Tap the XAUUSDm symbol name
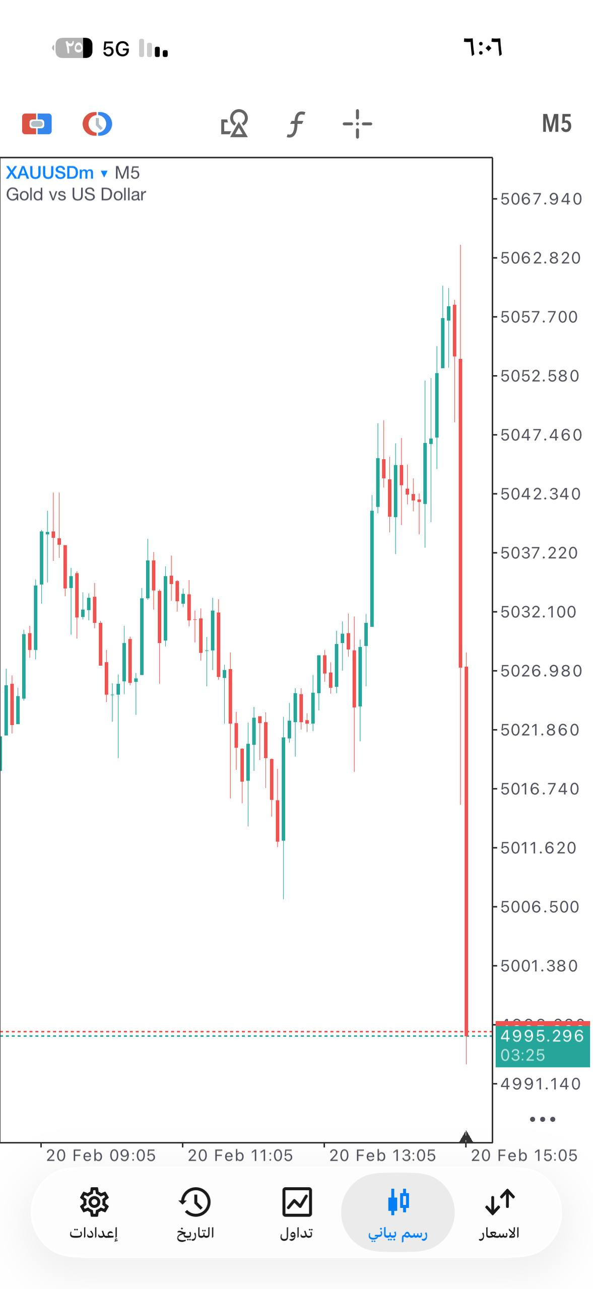click(49, 173)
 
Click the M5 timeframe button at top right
click(556, 124)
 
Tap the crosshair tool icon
click(357, 124)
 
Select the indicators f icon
click(296, 124)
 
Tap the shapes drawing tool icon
click(235, 124)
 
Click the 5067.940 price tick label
click(541, 199)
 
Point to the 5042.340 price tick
click(541, 494)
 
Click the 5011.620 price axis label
click(538, 848)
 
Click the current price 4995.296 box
click(542, 1036)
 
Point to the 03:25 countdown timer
click(523, 1055)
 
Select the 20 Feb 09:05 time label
click(101, 1155)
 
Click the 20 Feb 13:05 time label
click(382, 1155)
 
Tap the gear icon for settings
click(94, 1202)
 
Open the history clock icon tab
click(195, 1202)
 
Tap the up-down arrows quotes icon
click(499, 1202)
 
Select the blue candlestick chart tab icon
click(398, 1202)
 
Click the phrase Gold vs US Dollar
click(76, 195)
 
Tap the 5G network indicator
click(116, 49)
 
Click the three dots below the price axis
click(543, 1119)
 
